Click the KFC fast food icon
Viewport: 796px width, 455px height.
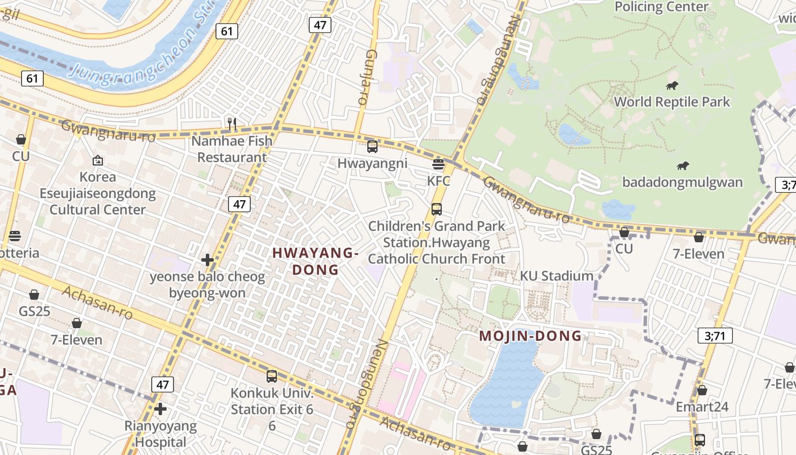438,165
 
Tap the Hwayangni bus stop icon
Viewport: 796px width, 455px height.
372,147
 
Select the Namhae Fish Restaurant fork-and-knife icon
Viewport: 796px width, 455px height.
232,123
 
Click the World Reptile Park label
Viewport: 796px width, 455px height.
672,102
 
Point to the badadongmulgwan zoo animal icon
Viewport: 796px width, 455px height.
683,166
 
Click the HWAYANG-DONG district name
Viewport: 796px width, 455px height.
316,261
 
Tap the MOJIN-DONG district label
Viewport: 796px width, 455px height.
530,336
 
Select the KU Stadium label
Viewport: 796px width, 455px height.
557,276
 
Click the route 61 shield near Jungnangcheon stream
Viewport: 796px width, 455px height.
226,31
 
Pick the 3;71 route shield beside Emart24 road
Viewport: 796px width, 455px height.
715,336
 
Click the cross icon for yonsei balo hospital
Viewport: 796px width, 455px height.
208,260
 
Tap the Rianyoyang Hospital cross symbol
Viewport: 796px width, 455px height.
160,409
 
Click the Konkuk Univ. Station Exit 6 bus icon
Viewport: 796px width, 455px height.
272,377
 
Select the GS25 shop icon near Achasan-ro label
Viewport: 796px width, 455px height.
34,295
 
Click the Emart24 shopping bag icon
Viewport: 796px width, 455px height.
702,391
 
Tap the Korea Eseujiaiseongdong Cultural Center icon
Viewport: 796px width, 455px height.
97,161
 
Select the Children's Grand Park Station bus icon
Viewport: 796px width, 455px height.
436,209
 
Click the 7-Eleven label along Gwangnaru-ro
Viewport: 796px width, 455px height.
699,254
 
